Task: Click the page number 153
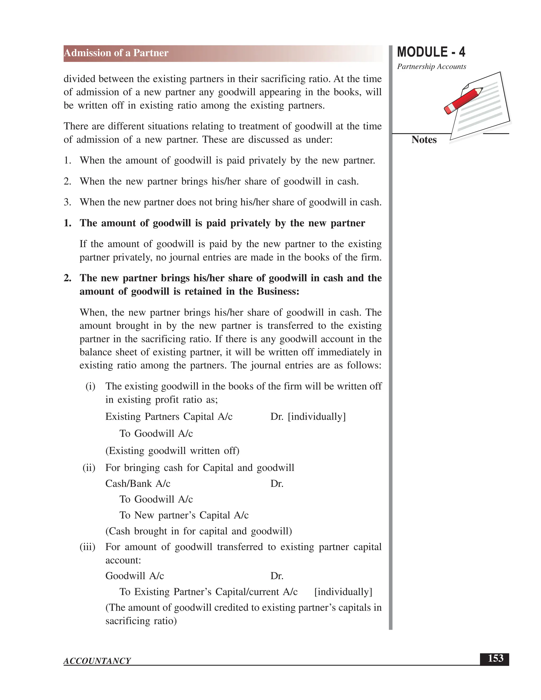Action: [495, 659]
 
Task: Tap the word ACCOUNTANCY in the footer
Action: [97, 661]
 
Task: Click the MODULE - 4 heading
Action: [431, 52]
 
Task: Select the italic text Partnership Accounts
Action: [431, 67]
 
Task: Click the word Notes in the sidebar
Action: [424, 140]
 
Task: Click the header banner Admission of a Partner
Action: [116, 53]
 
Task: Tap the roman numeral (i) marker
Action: [90, 386]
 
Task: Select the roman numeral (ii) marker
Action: [89, 468]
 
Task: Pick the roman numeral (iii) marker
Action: [87, 547]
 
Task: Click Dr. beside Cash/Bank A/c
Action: [277, 483]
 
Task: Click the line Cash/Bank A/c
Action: [138, 483]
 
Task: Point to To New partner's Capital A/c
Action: [184, 515]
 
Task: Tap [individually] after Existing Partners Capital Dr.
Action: [317, 417]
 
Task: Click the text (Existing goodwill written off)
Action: [172, 451]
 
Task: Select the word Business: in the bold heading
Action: [278, 291]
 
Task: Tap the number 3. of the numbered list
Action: [67, 202]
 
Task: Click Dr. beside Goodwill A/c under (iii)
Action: [277, 576]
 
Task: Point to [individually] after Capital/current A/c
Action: [343, 592]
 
